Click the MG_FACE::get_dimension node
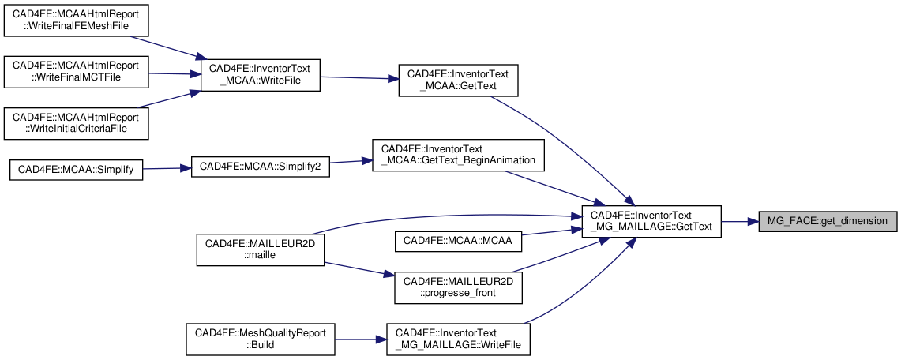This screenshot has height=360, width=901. (x=828, y=221)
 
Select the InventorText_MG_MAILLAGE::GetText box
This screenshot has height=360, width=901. (x=651, y=221)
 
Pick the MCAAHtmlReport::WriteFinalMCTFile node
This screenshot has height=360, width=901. (x=76, y=72)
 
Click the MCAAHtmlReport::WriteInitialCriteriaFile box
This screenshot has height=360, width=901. (x=76, y=122)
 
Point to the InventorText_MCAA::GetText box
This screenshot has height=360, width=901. (x=458, y=80)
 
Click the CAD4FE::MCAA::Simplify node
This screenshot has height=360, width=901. (x=76, y=170)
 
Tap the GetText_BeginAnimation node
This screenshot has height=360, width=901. (x=458, y=154)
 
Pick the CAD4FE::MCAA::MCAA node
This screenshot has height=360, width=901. (x=458, y=239)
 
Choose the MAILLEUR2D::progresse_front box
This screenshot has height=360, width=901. (x=458, y=288)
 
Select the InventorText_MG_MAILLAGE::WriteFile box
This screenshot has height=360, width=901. (x=458, y=339)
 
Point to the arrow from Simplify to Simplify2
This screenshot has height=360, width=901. (x=167, y=168)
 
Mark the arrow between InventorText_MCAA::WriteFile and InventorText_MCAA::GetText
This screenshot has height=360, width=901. (x=359, y=77)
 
